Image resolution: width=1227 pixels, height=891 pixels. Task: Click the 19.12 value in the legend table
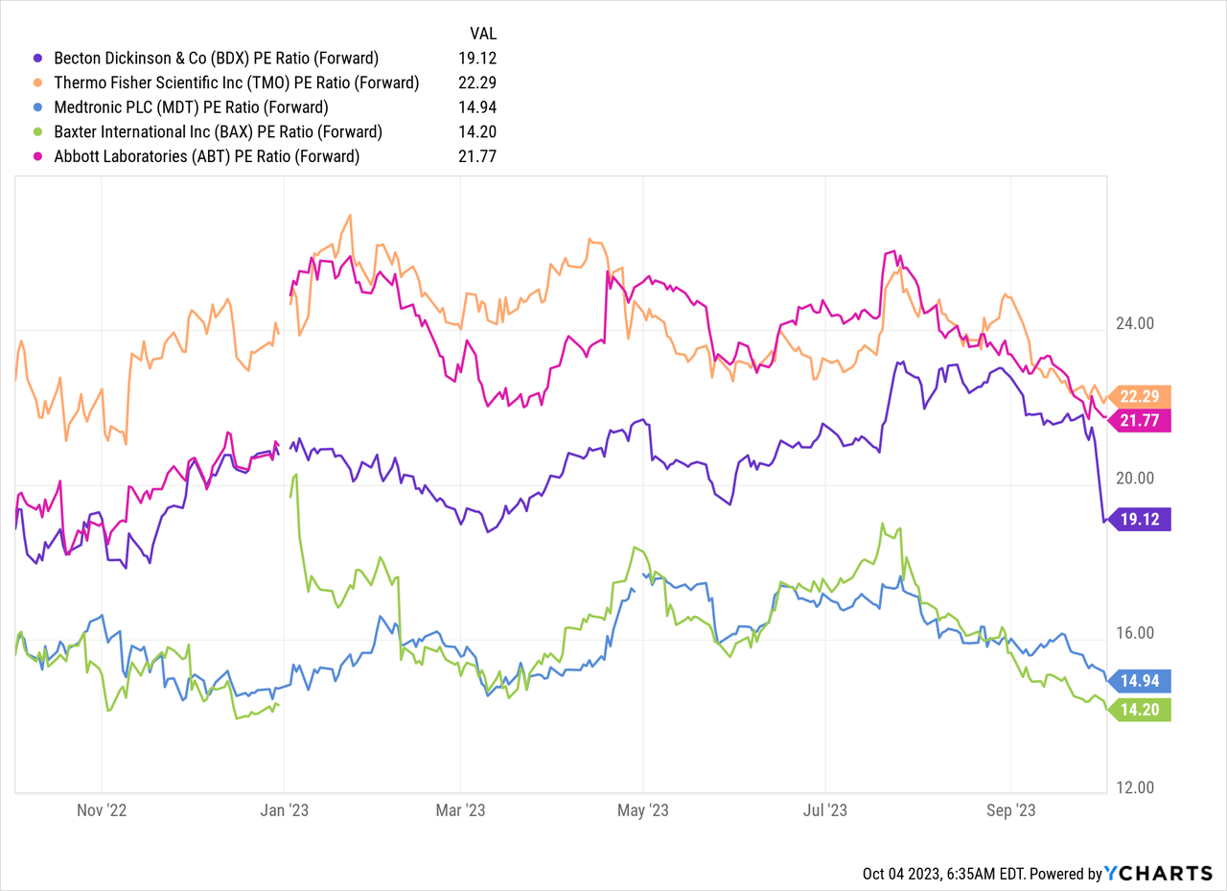477,58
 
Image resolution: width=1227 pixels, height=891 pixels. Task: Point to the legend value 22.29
477,82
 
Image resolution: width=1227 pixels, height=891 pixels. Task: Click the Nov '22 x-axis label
102,809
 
